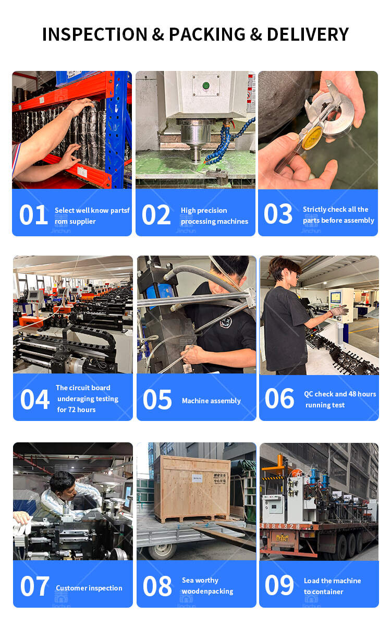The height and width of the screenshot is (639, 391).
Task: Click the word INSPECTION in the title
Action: click(x=95, y=34)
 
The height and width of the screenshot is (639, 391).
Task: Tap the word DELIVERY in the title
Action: click(x=308, y=34)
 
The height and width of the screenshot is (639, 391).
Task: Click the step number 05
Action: click(x=157, y=400)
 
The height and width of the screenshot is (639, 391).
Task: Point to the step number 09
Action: click(x=279, y=585)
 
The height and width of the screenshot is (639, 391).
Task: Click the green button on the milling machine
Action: click(x=205, y=85)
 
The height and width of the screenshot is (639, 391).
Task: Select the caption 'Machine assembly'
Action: click(x=211, y=401)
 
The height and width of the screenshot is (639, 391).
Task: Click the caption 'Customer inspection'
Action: click(x=89, y=588)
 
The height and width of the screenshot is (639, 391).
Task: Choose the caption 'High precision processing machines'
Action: click(x=214, y=216)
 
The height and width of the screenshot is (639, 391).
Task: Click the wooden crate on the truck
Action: click(x=195, y=488)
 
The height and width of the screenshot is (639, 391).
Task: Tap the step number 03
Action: click(x=278, y=214)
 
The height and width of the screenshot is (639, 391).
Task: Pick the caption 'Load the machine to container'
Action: click(x=332, y=586)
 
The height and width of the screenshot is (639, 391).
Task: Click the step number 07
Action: click(x=34, y=586)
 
